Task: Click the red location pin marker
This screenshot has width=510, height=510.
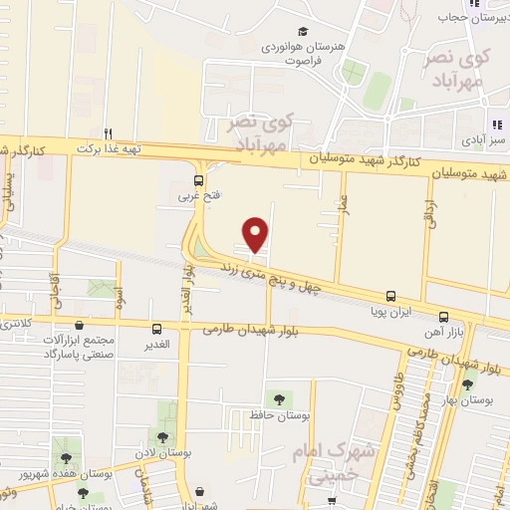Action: coord(257,234)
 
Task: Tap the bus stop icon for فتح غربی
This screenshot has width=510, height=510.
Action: coord(198,180)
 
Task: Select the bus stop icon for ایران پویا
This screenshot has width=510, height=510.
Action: coord(389,296)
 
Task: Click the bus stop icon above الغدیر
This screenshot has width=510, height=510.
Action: coord(156,329)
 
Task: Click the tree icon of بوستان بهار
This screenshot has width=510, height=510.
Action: coord(467,384)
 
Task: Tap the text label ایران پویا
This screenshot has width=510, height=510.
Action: coord(390,312)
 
